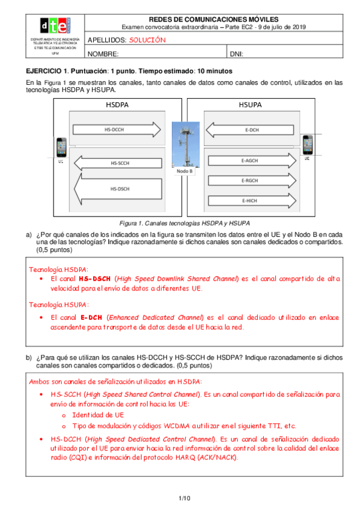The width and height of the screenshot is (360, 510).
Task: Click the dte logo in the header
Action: [55, 26]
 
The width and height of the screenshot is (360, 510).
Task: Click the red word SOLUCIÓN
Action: [147, 40]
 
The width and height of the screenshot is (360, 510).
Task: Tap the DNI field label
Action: [236, 54]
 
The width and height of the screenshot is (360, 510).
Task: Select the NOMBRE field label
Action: [103, 54]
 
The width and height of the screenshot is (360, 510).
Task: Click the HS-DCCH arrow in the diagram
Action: [117, 129]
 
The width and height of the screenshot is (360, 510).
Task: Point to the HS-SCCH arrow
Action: [118, 163]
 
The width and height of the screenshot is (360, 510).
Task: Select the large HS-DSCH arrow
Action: [118, 189]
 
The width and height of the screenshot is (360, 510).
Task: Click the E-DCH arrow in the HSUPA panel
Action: [250, 130]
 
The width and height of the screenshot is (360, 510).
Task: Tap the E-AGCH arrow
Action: [252, 161]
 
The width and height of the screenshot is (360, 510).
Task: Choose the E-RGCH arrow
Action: [252, 180]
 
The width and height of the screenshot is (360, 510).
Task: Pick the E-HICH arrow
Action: [252, 201]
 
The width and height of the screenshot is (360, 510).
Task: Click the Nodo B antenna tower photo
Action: [186, 144]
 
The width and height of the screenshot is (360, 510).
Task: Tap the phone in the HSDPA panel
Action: [61, 147]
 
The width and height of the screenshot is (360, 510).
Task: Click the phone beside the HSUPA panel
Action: [308, 145]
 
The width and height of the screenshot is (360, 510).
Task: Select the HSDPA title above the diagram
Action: [117, 105]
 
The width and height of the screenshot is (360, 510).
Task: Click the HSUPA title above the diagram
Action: [250, 105]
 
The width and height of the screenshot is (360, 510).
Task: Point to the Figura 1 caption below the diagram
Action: [185, 224]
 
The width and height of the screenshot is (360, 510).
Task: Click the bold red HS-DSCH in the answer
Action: [94, 278]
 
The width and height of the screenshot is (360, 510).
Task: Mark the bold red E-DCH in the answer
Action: [91, 318]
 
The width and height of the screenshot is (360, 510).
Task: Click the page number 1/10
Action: [185, 499]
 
